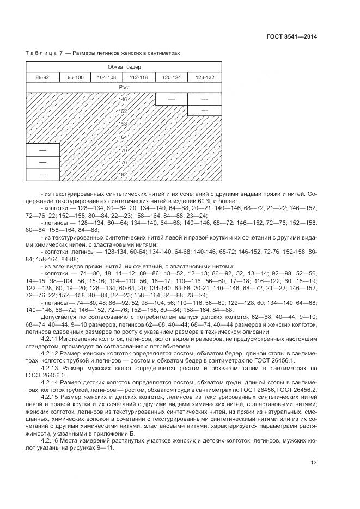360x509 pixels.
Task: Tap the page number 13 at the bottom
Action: [x=314, y=463]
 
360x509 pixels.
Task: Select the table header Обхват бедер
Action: [x=124, y=66]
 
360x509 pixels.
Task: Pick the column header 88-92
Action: [x=42, y=77]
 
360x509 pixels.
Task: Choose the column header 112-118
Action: [x=139, y=77]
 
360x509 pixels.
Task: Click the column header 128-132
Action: [x=205, y=77]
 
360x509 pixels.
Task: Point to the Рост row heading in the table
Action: [x=124, y=87]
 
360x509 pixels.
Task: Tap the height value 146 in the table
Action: [x=123, y=99]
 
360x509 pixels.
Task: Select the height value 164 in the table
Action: [x=123, y=137]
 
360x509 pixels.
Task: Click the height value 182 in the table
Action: [x=123, y=174]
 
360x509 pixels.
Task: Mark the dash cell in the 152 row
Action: [x=204, y=111]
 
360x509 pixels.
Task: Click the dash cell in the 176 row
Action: [x=42, y=162]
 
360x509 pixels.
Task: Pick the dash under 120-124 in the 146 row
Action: [x=171, y=99]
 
